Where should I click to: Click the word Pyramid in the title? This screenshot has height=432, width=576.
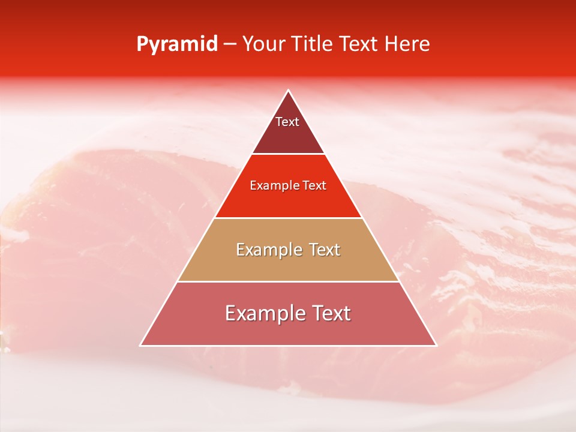pyautogui.click(x=177, y=44)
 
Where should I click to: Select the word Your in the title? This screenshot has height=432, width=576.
pyautogui.click(x=265, y=44)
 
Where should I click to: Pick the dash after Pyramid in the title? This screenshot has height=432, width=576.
pyautogui.click(x=230, y=45)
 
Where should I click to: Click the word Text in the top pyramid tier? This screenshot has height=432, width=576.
pyautogui.click(x=287, y=122)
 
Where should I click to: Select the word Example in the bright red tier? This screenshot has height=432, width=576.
pyautogui.click(x=270, y=185)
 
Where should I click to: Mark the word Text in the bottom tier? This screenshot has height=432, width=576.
pyautogui.click(x=329, y=314)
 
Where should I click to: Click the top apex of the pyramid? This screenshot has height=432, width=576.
pyautogui.click(x=289, y=91)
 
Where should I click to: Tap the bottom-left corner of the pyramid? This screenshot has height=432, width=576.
pyautogui.click(x=141, y=346)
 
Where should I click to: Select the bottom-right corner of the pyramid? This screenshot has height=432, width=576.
pyautogui.click(x=436, y=346)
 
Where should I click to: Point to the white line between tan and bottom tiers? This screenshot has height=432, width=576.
pyautogui.click(x=289, y=281)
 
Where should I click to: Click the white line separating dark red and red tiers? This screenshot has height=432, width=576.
pyautogui.click(x=289, y=154)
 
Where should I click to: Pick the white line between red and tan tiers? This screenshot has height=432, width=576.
pyautogui.click(x=289, y=218)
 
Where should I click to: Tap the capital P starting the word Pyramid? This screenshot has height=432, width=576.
pyautogui.click(x=142, y=44)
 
